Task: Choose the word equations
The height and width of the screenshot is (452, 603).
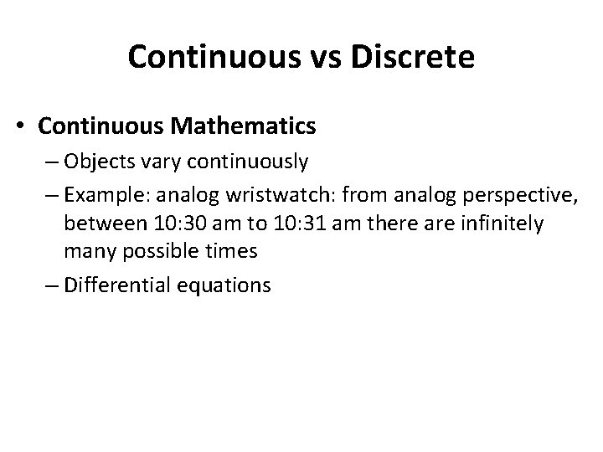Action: (x=225, y=285)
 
